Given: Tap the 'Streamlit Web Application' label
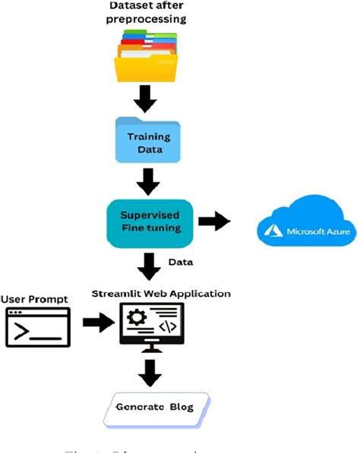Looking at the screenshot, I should (x=161, y=293).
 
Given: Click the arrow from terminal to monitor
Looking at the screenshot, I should (x=97, y=324).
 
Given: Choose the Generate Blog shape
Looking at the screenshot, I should (x=154, y=407).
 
